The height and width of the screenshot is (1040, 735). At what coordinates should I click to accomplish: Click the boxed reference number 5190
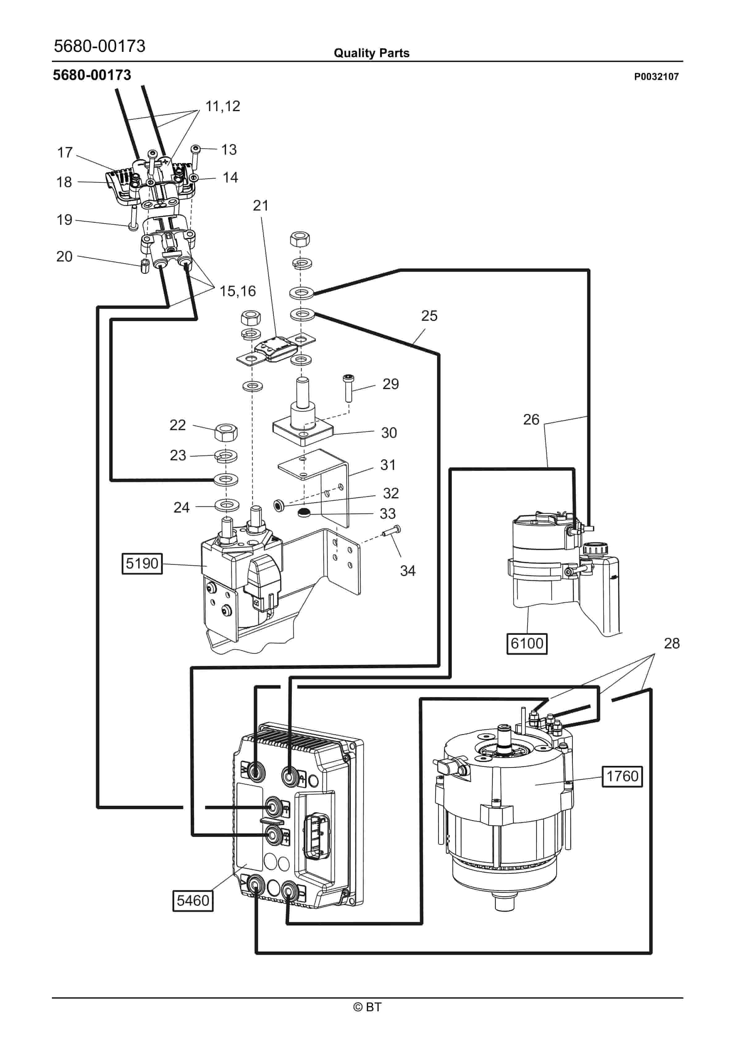tap(142, 564)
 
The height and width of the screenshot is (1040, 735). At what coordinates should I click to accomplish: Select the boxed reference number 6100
tap(527, 643)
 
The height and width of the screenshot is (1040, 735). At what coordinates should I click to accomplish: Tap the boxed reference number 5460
tap(193, 900)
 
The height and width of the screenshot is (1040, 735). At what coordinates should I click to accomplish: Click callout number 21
tap(261, 206)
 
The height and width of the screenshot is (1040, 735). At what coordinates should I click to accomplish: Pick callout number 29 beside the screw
tap(391, 384)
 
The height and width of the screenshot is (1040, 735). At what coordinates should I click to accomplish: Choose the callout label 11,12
tap(222, 107)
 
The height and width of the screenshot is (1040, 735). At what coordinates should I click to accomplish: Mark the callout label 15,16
tap(238, 291)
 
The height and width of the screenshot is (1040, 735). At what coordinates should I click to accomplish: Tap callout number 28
tap(672, 643)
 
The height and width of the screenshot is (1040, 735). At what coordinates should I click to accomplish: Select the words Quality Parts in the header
tap(372, 53)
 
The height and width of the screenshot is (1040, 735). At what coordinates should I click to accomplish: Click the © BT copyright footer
tap(367, 1007)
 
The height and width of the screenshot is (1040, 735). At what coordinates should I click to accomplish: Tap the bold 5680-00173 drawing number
tap(92, 75)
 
